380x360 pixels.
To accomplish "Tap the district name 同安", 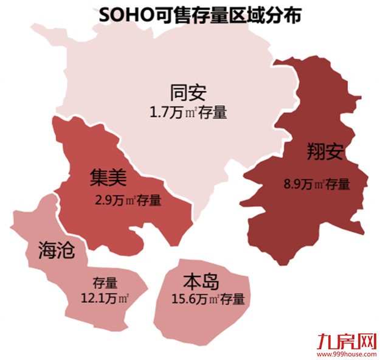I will coord(188,93).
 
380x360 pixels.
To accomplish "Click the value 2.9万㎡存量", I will coord(128,199).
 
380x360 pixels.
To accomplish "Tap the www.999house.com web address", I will coord(348,353).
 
